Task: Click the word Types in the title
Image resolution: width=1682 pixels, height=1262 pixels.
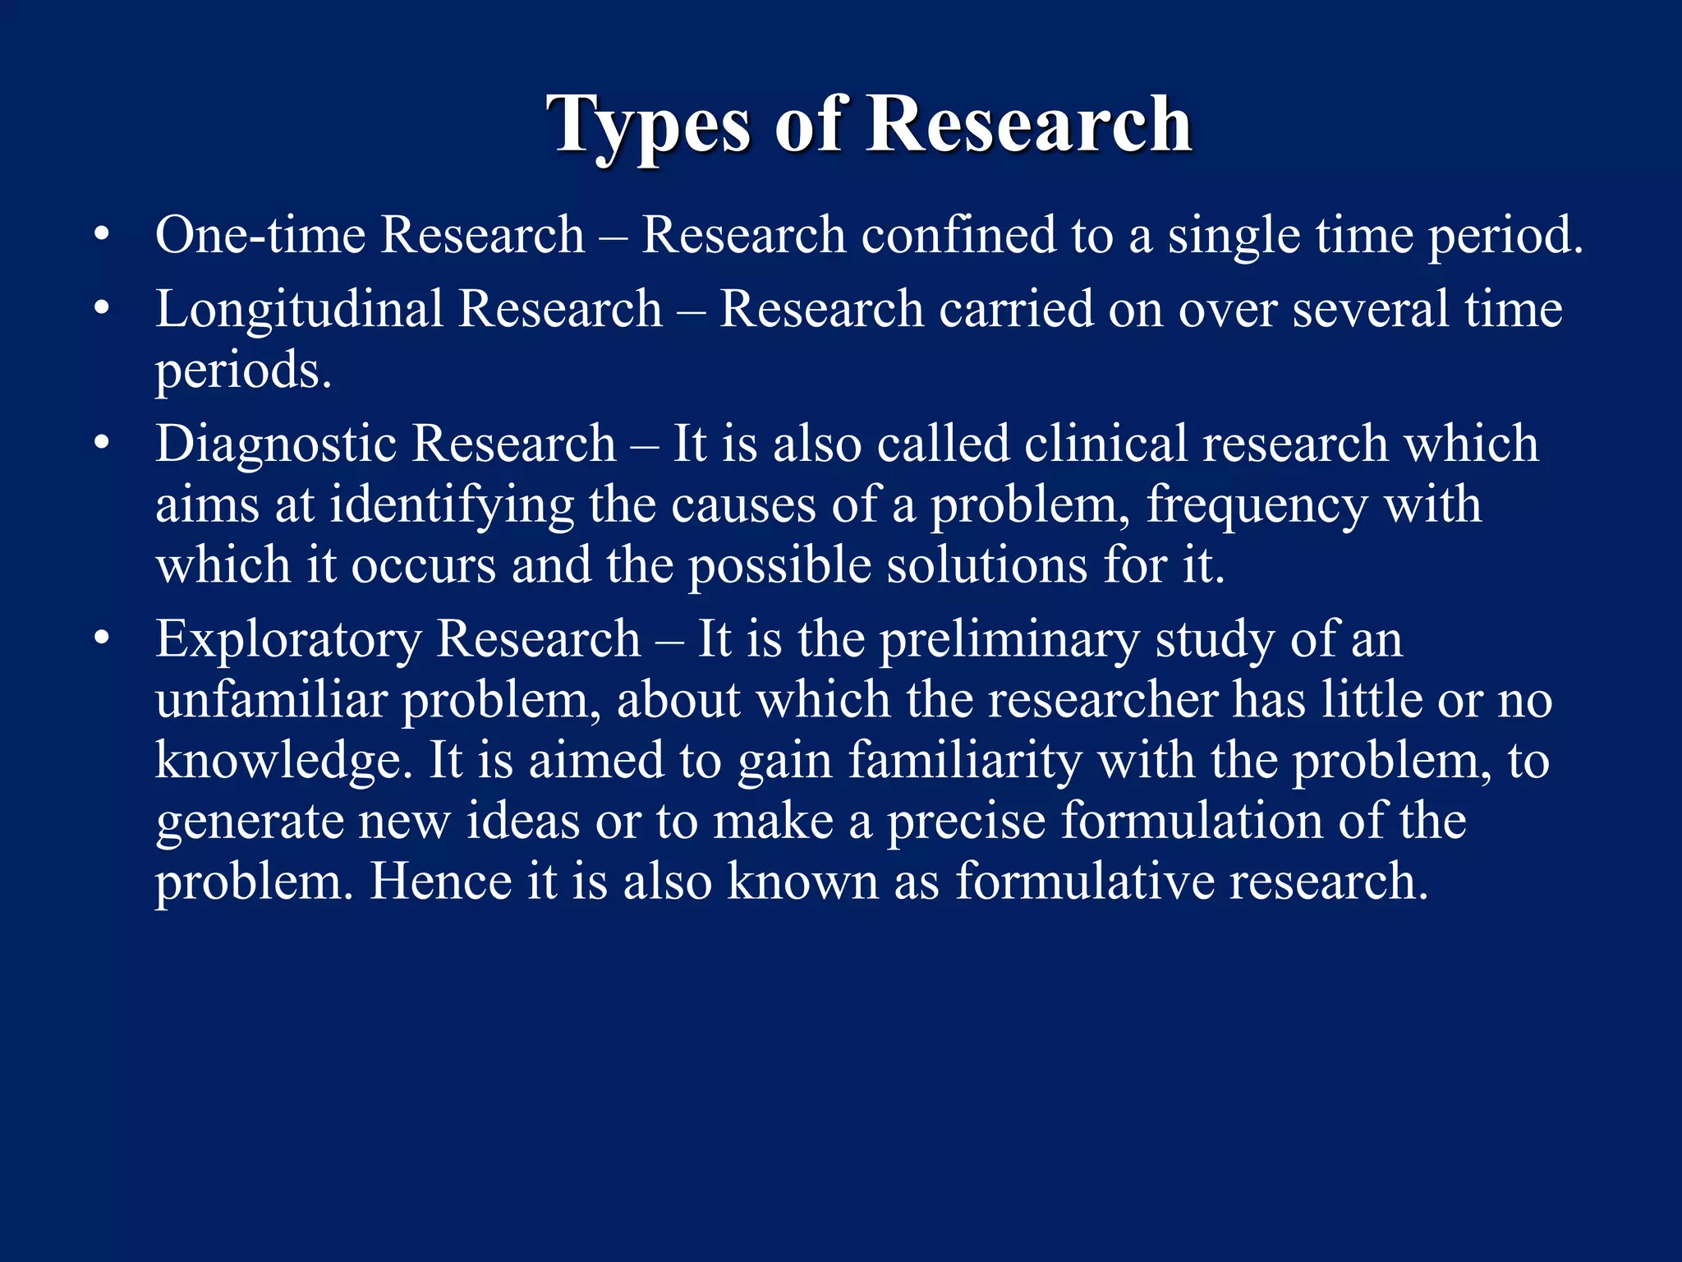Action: tap(649, 125)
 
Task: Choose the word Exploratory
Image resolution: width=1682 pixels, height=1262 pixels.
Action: tap(287, 638)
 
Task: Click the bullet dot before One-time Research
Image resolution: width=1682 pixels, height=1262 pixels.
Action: tap(101, 236)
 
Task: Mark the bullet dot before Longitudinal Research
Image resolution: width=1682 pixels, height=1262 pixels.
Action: tap(101, 310)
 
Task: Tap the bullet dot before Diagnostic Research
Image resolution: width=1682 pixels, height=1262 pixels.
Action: tap(101, 444)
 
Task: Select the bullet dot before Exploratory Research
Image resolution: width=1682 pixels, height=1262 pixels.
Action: tap(101, 639)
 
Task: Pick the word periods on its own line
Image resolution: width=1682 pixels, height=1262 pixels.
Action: tap(243, 371)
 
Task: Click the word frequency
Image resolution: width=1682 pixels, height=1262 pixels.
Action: tap(1257, 504)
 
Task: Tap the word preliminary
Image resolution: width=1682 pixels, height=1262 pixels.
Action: tap(1009, 640)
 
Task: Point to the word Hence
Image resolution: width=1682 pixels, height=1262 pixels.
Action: tap(439, 882)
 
